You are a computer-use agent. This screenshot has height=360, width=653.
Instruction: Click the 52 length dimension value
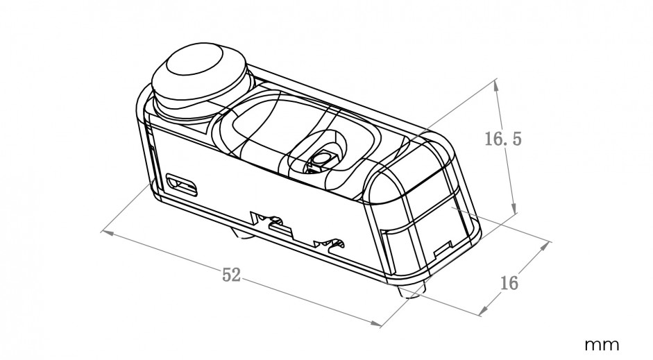[232, 275]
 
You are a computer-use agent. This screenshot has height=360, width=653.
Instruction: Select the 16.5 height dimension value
[503, 138]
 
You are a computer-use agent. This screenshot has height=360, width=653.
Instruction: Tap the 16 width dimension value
[509, 283]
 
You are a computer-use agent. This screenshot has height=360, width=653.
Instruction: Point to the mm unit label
[602, 345]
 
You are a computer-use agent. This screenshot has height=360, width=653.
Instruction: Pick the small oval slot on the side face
[182, 185]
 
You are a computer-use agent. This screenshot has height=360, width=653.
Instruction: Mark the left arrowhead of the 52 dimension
[107, 232]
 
